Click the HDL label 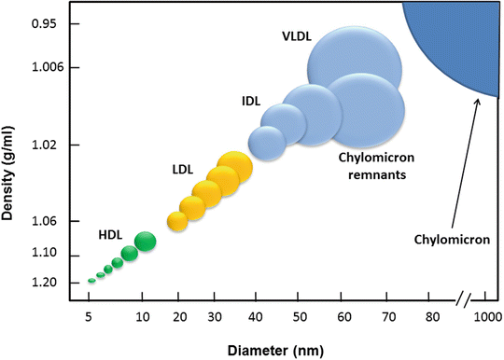click(x=110, y=235)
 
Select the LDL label click(x=183, y=170)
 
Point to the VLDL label click(x=298, y=37)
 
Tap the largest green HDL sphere click(x=145, y=242)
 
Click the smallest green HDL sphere click(x=91, y=280)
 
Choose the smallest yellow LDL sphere click(x=177, y=221)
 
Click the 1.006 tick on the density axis click(x=43, y=68)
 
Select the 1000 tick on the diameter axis click(x=487, y=317)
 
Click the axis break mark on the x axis click(x=464, y=301)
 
